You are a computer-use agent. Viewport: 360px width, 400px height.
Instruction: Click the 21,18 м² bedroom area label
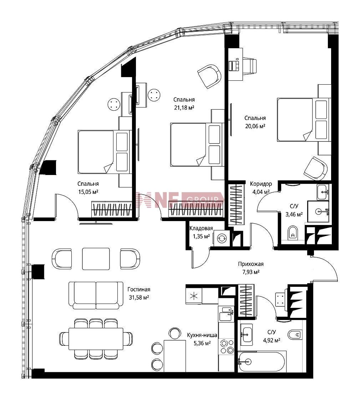click(x=184, y=107)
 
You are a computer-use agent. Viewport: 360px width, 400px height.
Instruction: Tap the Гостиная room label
click(x=139, y=290)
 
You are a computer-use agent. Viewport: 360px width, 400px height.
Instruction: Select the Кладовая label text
click(x=201, y=228)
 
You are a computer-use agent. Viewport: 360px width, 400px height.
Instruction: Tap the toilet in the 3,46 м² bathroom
click(x=293, y=232)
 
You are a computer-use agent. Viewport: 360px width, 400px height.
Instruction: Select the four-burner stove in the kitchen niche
click(x=227, y=346)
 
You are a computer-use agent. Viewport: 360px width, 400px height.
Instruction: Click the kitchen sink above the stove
click(x=227, y=314)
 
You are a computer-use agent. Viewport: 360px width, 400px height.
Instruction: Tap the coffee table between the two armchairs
click(x=96, y=259)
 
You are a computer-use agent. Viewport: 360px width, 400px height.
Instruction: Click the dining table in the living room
click(x=96, y=339)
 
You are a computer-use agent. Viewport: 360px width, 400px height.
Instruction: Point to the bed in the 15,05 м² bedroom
click(x=103, y=152)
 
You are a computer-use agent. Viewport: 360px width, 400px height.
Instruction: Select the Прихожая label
click(x=251, y=264)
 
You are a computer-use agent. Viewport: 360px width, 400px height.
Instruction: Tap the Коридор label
click(x=261, y=184)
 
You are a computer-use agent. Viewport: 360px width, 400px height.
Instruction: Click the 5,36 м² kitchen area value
click(x=202, y=343)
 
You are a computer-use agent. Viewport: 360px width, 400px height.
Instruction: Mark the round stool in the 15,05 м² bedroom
click(x=113, y=104)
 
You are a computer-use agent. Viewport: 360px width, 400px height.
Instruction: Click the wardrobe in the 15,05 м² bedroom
click(x=112, y=210)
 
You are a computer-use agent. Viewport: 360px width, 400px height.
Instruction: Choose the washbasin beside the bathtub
click(x=246, y=334)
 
